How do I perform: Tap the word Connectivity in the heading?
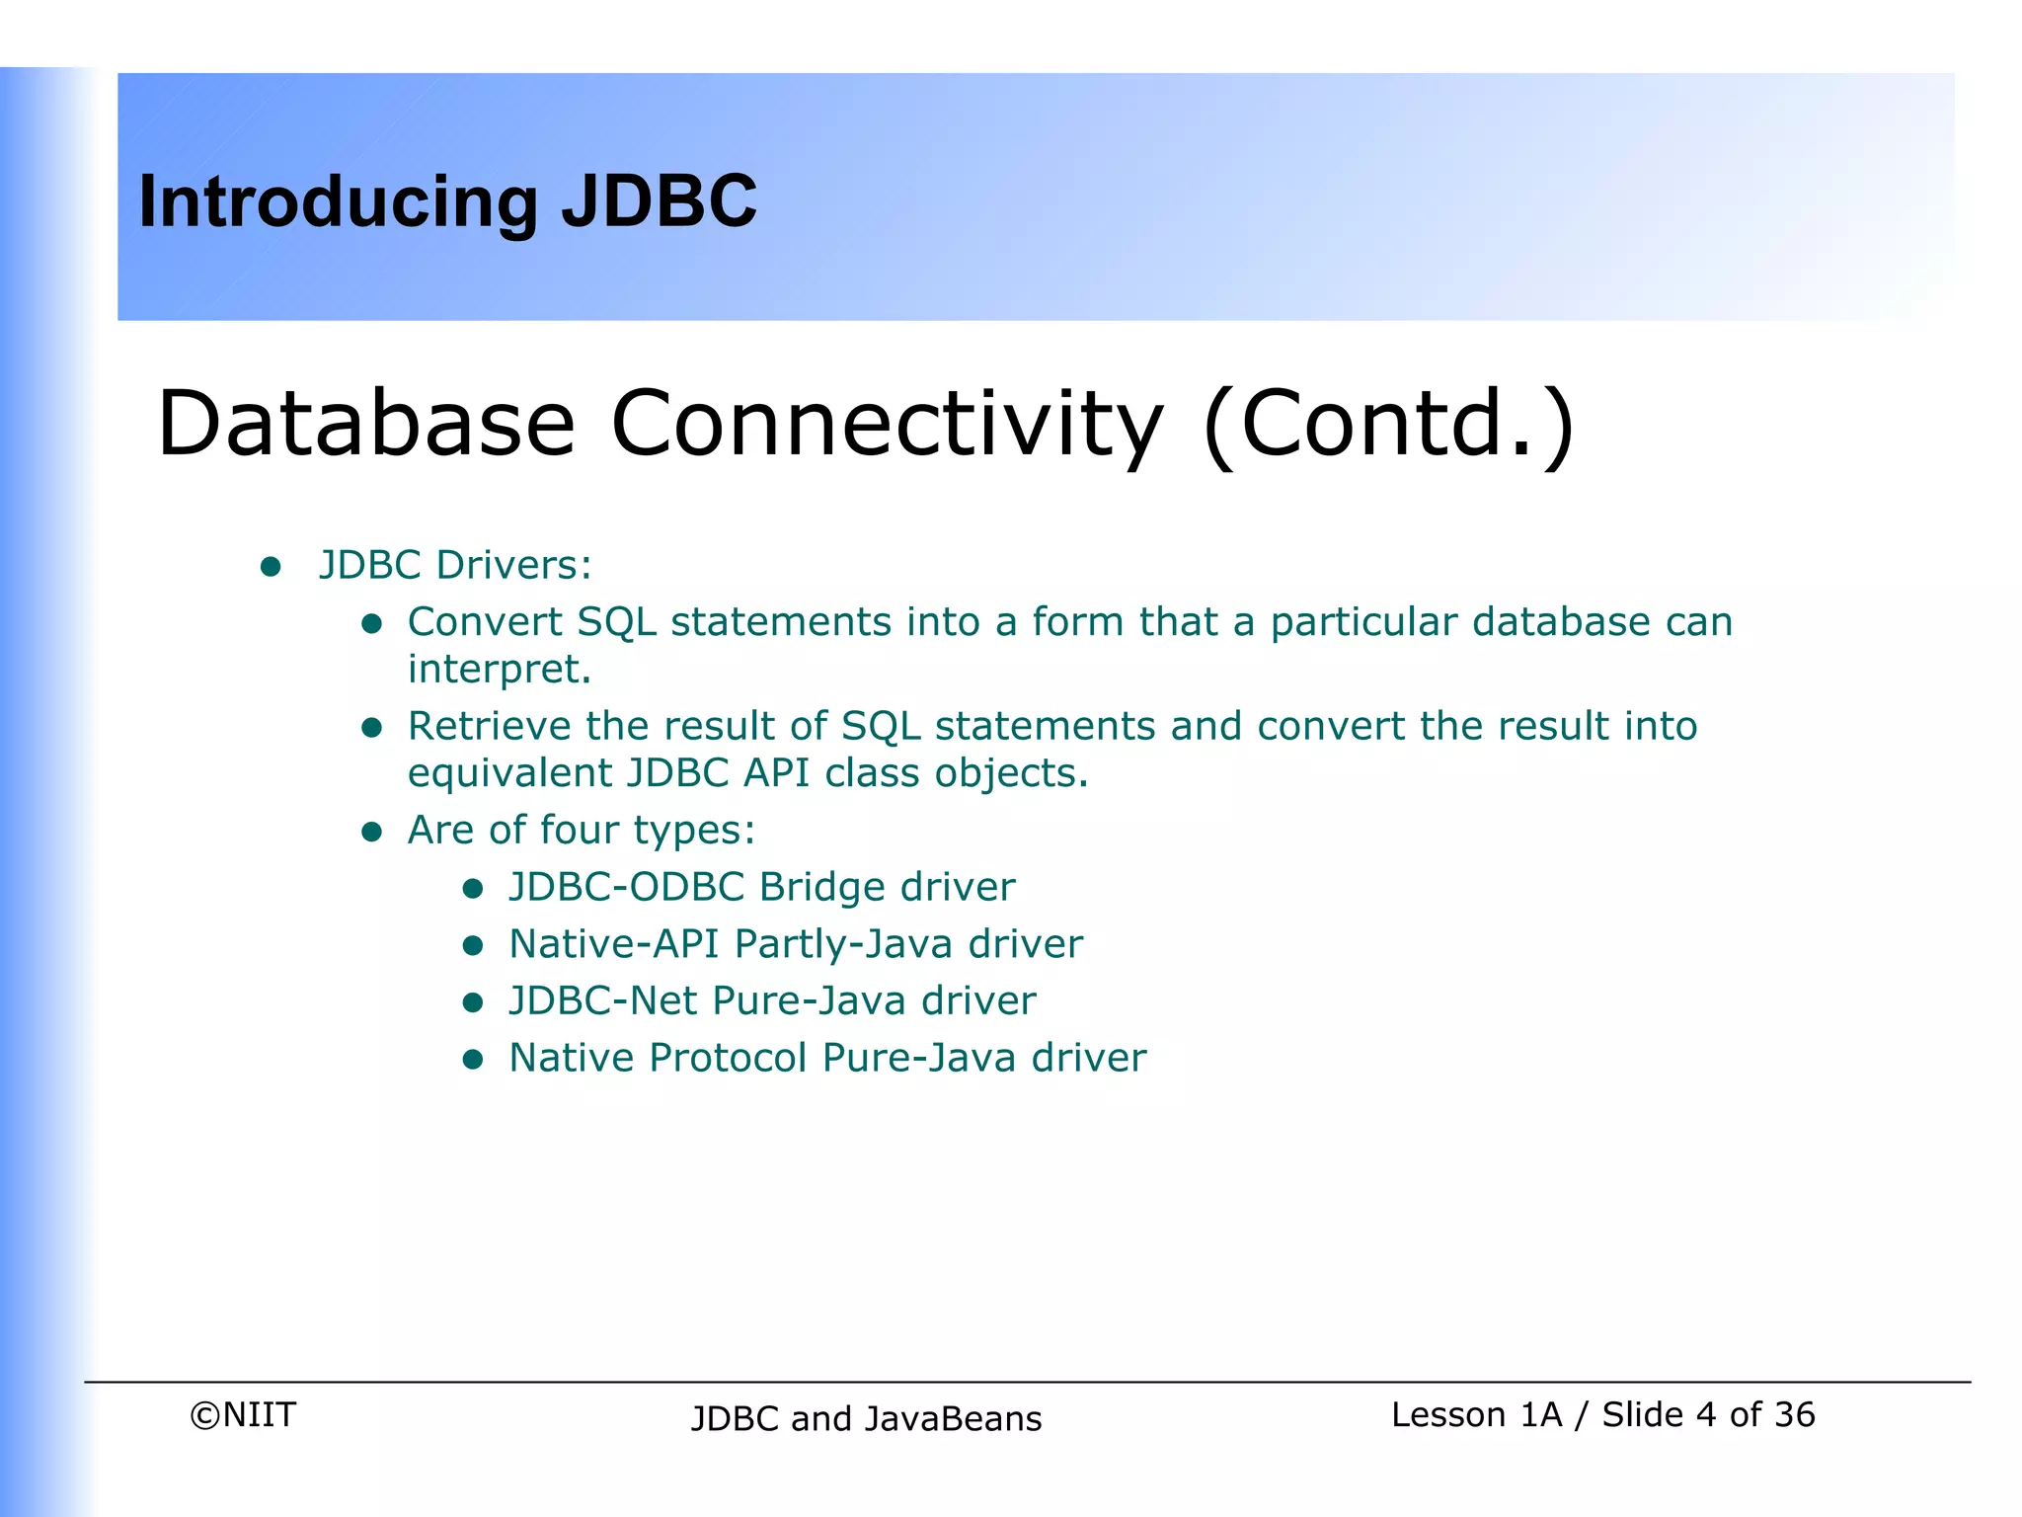(887, 425)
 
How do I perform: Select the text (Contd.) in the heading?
(1388, 425)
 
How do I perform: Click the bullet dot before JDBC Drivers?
(271, 567)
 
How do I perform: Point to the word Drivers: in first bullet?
(513, 565)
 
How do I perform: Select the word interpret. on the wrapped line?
(500, 670)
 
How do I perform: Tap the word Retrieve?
(489, 726)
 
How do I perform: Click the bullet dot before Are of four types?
(372, 832)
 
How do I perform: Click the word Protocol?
(728, 1058)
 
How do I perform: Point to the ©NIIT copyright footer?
(243, 1415)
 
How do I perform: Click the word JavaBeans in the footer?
(954, 1419)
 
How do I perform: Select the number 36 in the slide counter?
(1794, 1415)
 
